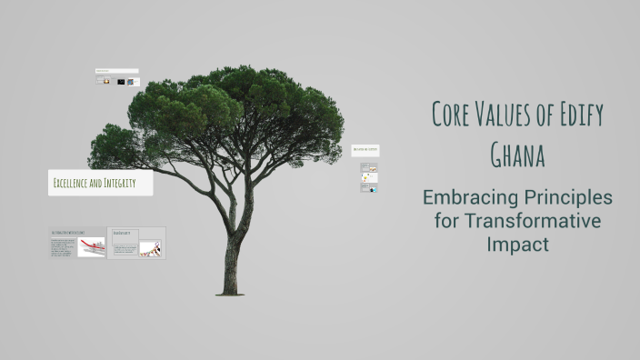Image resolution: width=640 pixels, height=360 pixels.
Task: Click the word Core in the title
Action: point(451,115)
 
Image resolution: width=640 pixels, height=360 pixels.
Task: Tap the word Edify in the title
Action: point(579,115)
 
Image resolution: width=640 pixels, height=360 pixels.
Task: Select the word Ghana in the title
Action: point(517,155)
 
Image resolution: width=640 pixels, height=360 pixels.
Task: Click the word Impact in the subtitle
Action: point(517,245)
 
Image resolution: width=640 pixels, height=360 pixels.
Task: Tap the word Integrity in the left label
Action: point(119,184)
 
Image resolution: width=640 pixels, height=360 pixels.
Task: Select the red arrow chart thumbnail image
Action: point(91,246)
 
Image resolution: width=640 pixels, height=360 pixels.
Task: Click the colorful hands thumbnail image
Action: point(151,247)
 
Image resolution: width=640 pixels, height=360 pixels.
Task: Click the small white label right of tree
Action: point(365,150)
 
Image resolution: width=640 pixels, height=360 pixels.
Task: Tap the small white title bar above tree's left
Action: point(117,71)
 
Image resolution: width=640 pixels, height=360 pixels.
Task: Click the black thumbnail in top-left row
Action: point(121,82)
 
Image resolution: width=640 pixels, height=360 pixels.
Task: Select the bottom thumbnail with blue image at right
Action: point(369,188)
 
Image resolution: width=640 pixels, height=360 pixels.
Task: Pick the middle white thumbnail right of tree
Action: point(369,177)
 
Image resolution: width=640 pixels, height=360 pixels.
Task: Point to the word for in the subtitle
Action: point(445,221)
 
